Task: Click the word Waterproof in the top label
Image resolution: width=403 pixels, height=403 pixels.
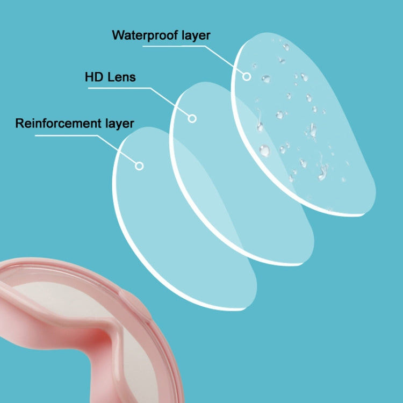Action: (x=145, y=35)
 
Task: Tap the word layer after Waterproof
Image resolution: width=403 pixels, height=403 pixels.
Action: (x=196, y=35)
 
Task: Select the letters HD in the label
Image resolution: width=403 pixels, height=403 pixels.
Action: (x=94, y=77)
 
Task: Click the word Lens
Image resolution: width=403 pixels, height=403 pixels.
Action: (x=121, y=77)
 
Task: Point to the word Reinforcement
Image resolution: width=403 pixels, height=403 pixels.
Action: (x=59, y=124)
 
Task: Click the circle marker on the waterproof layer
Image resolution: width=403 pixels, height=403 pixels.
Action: (x=247, y=76)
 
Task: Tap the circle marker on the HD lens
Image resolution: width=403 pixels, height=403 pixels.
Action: (x=192, y=119)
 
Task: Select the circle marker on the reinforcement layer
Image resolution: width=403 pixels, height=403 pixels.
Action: (x=139, y=166)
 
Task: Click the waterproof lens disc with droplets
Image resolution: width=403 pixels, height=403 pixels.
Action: (x=303, y=124)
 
